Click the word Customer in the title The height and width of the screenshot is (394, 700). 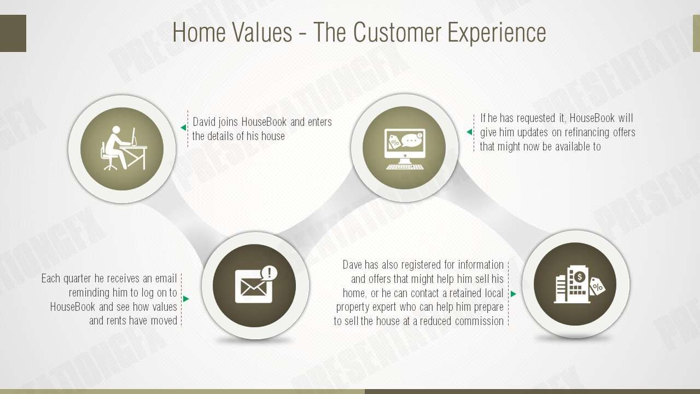tap(398, 32)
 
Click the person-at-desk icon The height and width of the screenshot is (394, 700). tap(124, 148)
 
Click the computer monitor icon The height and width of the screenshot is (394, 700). tap(405, 149)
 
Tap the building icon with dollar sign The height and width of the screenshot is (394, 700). tap(580, 284)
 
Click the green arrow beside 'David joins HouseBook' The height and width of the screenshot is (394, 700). tap(183, 128)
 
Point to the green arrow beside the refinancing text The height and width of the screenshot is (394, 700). tap(469, 132)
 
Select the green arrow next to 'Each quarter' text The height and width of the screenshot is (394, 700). tap(186, 299)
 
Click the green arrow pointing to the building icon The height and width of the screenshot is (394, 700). tap(513, 294)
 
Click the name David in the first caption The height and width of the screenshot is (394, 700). tap(204, 122)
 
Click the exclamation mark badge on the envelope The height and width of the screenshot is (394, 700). tap(269, 273)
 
